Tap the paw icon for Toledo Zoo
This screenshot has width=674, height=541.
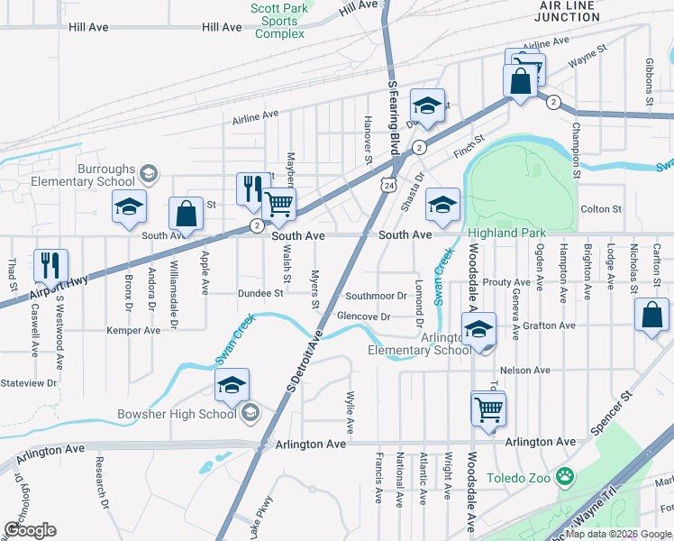[x=565, y=476]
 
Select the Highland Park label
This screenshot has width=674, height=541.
[x=506, y=233]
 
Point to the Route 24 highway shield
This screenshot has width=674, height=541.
[x=387, y=185]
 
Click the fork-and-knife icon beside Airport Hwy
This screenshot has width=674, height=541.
[x=49, y=264]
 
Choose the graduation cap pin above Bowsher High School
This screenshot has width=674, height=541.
[x=232, y=385]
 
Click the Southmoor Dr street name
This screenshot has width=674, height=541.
[x=377, y=296]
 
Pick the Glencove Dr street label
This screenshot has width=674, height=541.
[x=363, y=316]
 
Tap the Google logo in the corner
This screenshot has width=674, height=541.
[x=30, y=530]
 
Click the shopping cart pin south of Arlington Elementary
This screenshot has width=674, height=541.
[x=487, y=408]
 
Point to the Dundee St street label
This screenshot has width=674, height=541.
[x=260, y=293]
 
